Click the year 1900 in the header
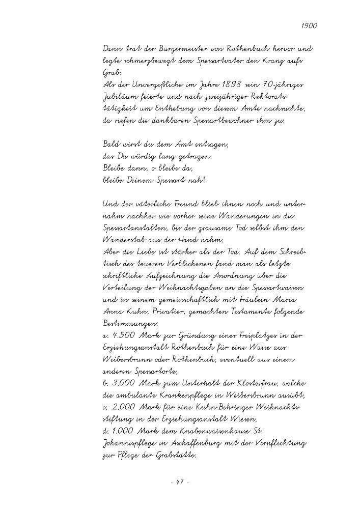[309, 24]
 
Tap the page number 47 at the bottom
[180, 482]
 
